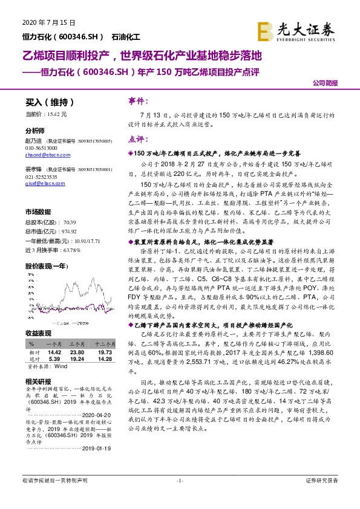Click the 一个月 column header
coord(54,343)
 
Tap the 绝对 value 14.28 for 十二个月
coord(105,359)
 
